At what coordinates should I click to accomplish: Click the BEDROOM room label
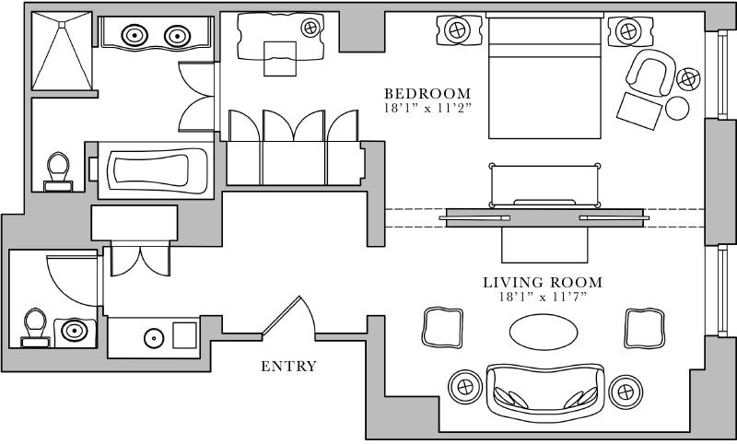(x=427, y=94)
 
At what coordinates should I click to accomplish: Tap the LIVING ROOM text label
(x=543, y=282)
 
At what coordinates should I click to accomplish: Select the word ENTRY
(x=288, y=367)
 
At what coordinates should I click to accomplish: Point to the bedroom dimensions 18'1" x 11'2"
(x=427, y=109)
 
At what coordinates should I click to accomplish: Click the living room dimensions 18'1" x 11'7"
(x=543, y=297)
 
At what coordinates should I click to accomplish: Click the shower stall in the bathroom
(x=64, y=53)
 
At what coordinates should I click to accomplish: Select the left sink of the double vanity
(x=135, y=35)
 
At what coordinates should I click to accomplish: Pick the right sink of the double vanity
(x=177, y=35)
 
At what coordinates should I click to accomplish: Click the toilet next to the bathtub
(x=59, y=169)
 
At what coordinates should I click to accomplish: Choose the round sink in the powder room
(x=74, y=331)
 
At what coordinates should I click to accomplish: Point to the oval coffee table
(x=544, y=332)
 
